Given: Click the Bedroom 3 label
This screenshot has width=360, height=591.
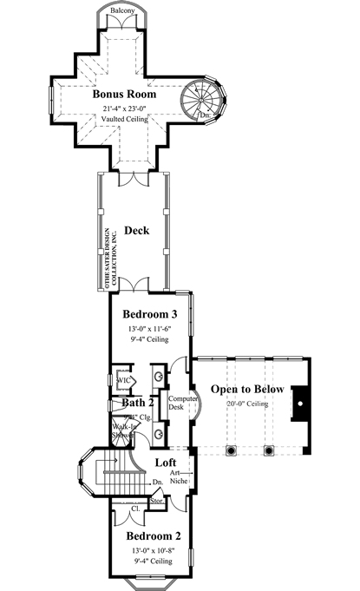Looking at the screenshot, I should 150,313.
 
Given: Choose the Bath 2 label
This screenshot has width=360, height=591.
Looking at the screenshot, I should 137,403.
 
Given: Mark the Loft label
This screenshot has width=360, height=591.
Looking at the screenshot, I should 167,463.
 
